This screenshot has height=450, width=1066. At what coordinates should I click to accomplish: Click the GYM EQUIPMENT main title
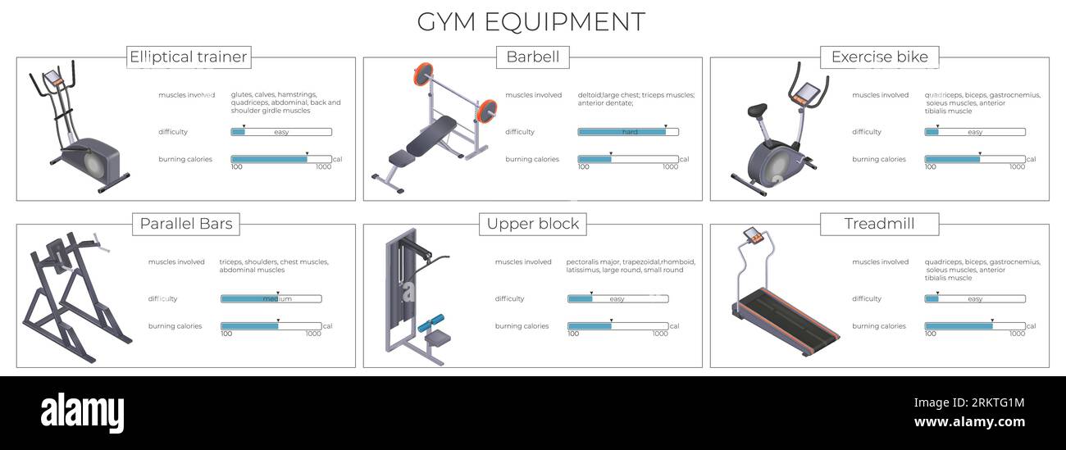[x=531, y=21]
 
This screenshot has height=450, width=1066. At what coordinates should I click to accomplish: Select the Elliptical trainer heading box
[x=189, y=57]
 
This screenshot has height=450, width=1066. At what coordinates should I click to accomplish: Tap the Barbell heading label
[x=533, y=57]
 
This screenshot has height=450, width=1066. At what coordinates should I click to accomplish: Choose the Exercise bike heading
[x=879, y=57]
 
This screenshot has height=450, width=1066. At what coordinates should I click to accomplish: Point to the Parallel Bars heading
[x=186, y=224]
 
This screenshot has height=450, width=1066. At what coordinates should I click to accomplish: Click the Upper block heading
[x=533, y=224]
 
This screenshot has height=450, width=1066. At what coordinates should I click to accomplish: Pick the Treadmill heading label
[x=879, y=224]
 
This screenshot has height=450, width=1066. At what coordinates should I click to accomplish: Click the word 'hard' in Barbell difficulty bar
[x=630, y=132]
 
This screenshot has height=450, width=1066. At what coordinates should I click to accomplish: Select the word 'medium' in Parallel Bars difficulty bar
[x=277, y=299]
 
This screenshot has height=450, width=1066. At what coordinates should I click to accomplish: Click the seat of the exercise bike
[x=756, y=109]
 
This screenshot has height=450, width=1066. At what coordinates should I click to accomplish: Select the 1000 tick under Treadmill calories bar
[x=1017, y=334]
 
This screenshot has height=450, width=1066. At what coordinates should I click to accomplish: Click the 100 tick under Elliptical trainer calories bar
[x=237, y=167]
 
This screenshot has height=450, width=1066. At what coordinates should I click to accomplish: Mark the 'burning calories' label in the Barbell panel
[x=532, y=160]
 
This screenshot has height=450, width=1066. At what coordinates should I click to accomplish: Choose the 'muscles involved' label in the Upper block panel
[x=523, y=262]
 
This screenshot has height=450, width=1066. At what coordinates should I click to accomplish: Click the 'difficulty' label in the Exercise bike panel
[x=867, y=132]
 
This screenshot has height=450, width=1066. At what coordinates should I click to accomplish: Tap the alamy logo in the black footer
[x=82, y=411]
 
